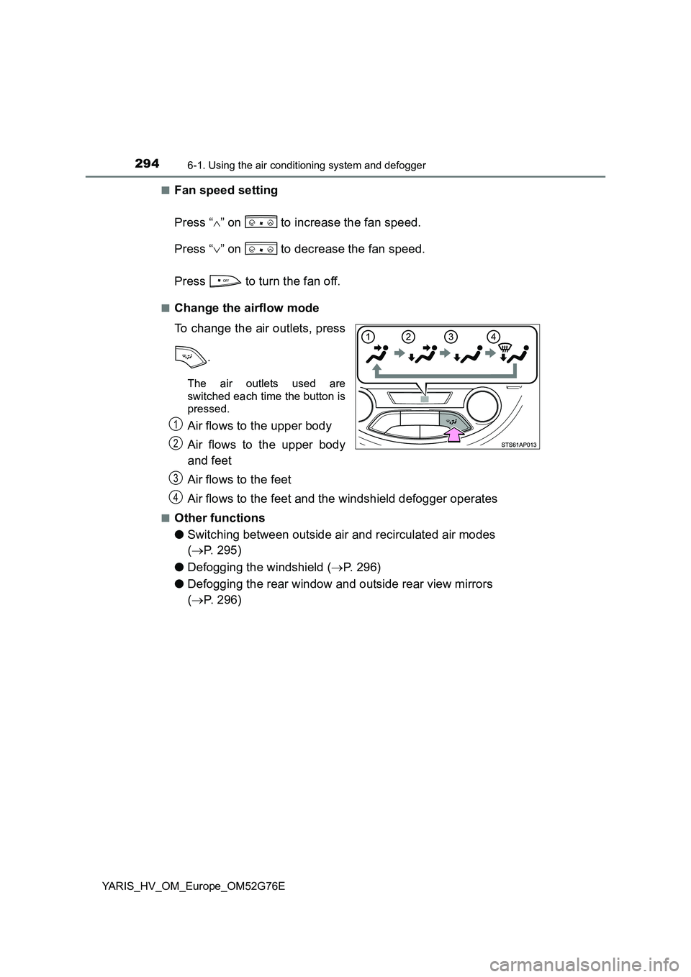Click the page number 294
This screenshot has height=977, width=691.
click(x=146, y=164)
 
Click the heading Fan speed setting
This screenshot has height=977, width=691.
click(x=225, y=191)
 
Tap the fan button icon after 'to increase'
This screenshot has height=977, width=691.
click(x=261, y=223)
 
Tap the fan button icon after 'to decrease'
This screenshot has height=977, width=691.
click(x=261, y=249)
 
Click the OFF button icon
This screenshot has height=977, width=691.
click(x=225, y=281)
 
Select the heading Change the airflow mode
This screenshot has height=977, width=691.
click(x=246, y=308)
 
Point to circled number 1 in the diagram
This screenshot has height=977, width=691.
click(x=369, y=336)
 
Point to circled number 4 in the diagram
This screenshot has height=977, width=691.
click(x=493, y=336)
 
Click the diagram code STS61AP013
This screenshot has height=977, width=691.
click(x=519, y=445)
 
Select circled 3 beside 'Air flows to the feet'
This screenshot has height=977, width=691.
click(x=176, y=478)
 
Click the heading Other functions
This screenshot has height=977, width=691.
click(x=219, y=518)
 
